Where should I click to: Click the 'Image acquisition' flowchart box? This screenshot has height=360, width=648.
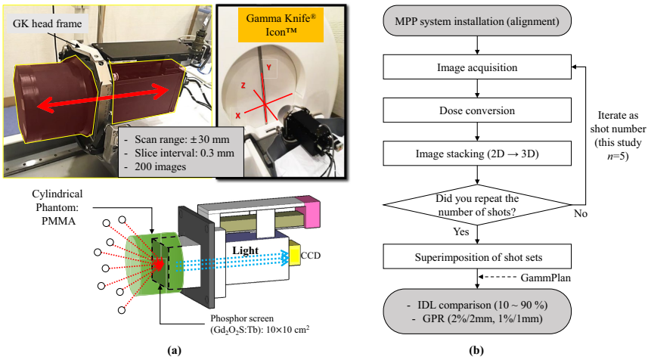pos(477,68)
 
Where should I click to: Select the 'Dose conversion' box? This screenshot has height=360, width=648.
pos(477,110)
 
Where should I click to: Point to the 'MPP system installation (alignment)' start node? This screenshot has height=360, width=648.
pos(477,20)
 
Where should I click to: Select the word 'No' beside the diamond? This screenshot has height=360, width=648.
pos(581,214)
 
